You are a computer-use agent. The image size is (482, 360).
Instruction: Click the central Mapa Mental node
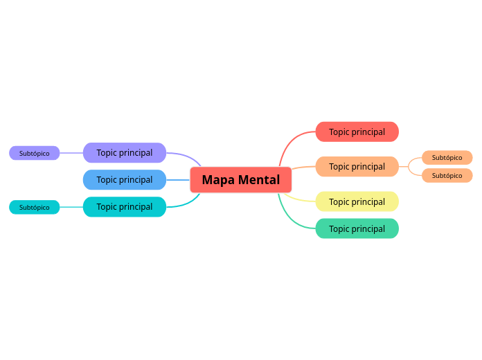tap(240, 180)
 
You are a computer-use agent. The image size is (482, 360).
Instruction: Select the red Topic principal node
tap(357, 132)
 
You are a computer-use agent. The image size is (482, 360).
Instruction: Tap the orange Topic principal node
tap(357, 166)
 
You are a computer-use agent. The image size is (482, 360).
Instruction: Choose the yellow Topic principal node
tap(357, 201)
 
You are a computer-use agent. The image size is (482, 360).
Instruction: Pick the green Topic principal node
tap(357, 228)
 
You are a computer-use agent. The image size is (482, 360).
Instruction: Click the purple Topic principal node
tap(125, 152)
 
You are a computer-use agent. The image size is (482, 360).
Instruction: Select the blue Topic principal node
tap(125, 179)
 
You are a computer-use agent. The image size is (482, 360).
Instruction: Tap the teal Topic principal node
tap(125, 206)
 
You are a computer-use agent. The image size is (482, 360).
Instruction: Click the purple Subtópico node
tap(35, 153)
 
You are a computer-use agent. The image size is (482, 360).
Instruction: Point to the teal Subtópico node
tap(35, 207)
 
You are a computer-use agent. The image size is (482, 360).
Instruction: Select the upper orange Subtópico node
tap(447, 157)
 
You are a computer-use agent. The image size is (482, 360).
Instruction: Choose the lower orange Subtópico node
tap(447, 175)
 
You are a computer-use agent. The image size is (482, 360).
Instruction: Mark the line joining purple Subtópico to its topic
tap(71, 153)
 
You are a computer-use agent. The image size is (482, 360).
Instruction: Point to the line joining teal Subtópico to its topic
tap(71, 207)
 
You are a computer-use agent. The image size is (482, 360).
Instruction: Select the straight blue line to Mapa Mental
tap(178, 180)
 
